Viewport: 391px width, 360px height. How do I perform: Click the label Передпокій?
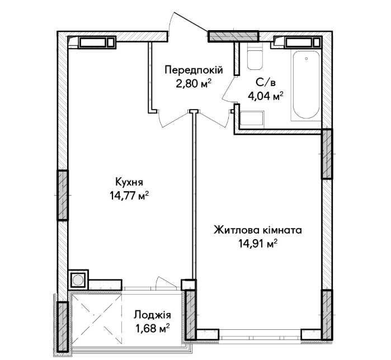tap(194, 70)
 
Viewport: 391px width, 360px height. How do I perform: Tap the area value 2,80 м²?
tap(194, 84)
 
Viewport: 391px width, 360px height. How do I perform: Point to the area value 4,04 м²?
tap(266, 96)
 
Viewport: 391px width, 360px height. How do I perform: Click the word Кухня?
tap(129, 182)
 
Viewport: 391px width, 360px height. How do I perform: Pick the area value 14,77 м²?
tap(129, 196)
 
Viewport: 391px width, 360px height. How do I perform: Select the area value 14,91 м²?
tap(258, 244)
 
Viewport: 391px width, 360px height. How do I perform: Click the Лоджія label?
tap(152, 315)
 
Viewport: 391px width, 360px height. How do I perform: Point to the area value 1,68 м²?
tap(152, 329)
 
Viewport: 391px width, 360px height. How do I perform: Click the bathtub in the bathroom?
tap(306, 85)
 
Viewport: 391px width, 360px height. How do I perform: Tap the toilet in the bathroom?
tap(255, 56)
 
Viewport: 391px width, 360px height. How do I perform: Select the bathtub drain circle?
tap(306, 59)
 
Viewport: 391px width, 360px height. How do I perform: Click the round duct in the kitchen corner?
tap(78, 280)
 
